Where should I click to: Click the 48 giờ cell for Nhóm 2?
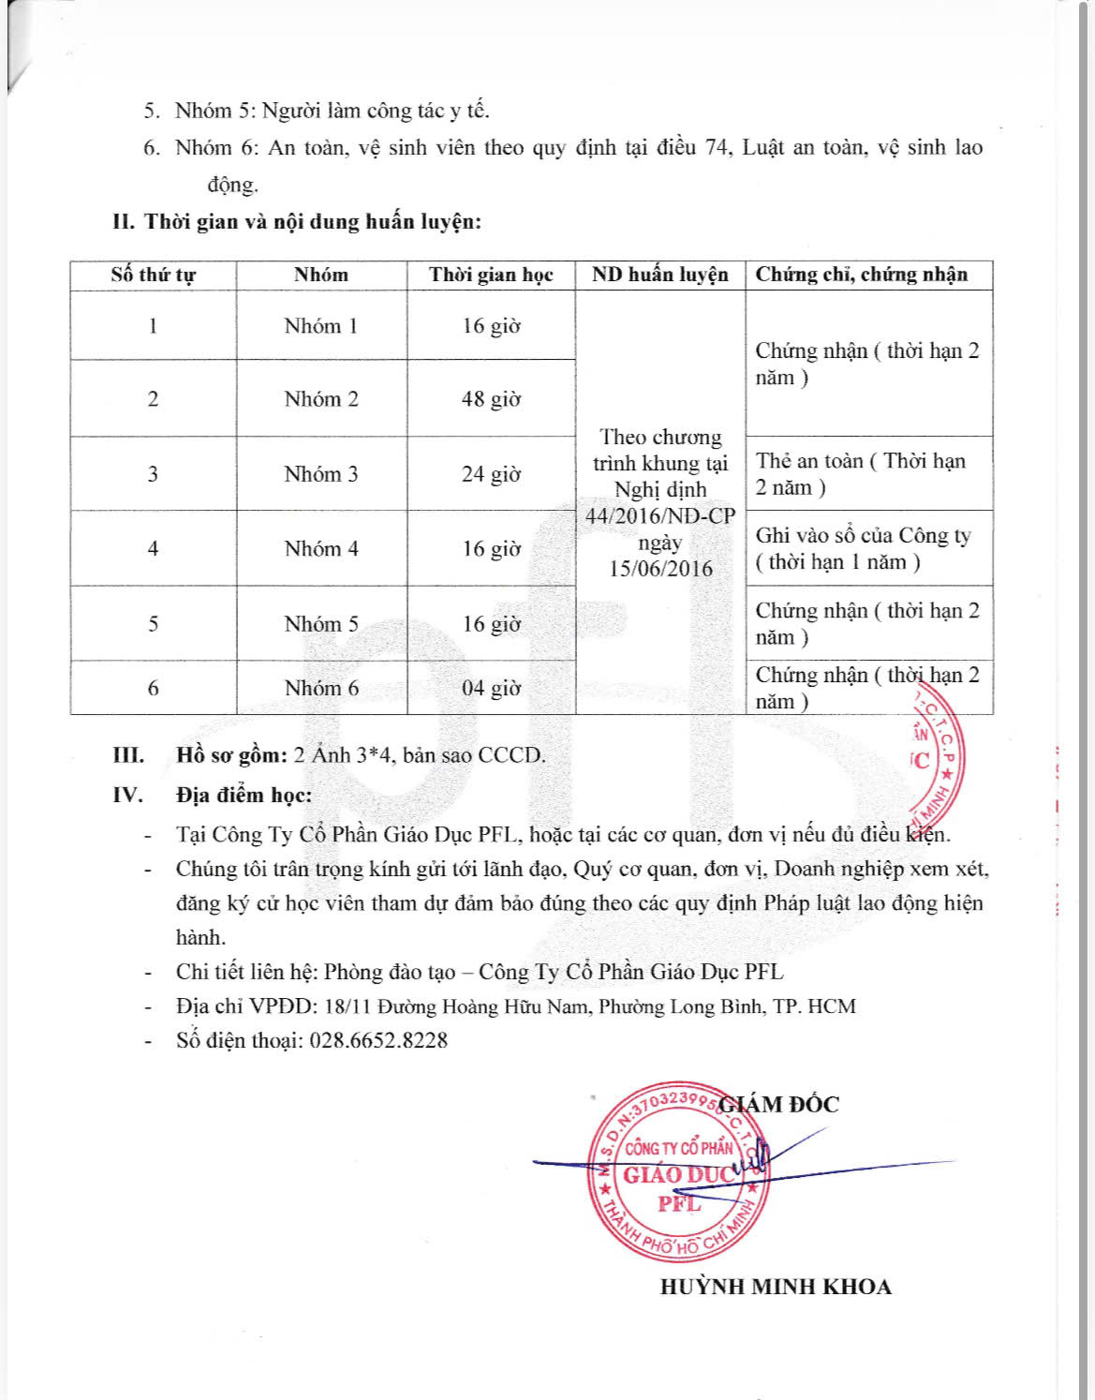(491, 399)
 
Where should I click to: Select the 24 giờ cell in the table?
(491, 474)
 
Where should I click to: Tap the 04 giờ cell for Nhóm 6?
(491, 688)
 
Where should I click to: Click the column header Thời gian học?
(491, 275)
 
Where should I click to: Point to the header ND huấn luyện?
(659, 275)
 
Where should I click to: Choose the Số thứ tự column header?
(153, 275)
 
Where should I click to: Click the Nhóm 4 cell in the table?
(321, 548)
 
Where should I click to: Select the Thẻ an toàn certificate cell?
(860, 474)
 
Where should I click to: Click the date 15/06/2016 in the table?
(660, 569)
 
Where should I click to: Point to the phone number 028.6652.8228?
(378, 1040)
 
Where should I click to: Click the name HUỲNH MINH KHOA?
(776, 1287)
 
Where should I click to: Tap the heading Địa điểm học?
(244, 796)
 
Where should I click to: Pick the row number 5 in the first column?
(153, 624)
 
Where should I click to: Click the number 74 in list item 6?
(717, 148)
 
